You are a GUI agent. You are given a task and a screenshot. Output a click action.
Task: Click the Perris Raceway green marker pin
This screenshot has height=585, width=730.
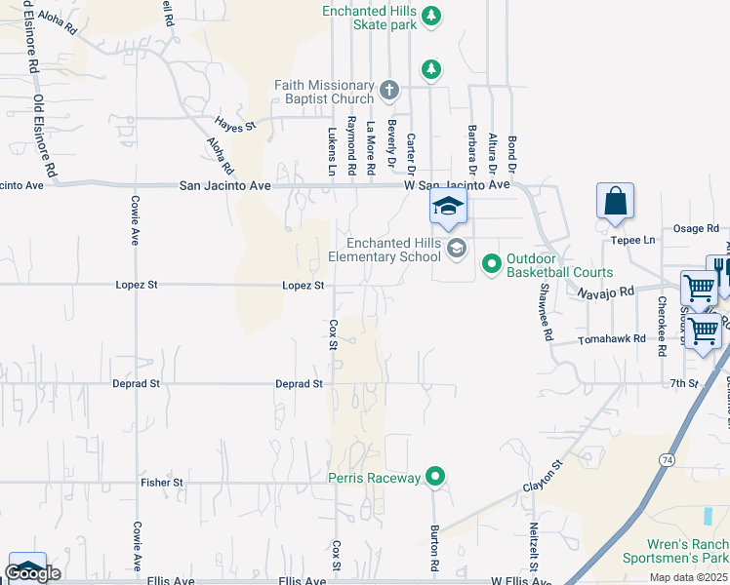(x=435, y=477)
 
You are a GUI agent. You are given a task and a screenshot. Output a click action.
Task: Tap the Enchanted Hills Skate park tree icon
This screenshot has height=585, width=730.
(x=431, y=16)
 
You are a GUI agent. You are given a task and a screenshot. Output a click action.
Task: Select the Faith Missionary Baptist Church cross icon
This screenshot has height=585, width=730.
(x=388, y=91)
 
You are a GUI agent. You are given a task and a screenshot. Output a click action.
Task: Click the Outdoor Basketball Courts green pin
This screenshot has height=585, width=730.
(x=491, y=263)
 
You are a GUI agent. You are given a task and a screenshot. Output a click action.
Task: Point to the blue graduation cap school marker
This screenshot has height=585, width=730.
(x=448, y=207)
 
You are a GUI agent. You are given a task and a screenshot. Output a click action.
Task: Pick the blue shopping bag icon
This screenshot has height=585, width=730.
(x=615, y=202)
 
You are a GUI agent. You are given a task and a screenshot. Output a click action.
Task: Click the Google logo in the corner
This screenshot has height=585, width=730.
(x=32, y=573)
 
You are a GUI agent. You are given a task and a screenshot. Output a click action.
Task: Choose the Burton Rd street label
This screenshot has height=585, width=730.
(x=434, y=549)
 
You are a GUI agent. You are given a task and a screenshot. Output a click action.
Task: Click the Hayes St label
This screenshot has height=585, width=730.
(x=235, y=126)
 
